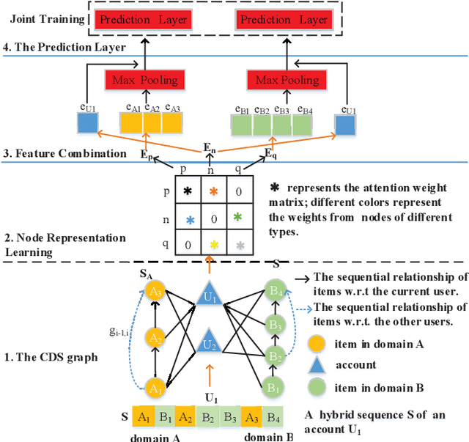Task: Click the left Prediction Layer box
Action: (143, 19)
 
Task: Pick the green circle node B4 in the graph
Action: (274, 292)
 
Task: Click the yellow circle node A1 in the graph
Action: (155, 387)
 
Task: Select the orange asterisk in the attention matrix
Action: (214, 192)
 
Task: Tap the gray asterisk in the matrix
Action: (238, 245)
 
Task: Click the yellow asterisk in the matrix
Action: (214, 245)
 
